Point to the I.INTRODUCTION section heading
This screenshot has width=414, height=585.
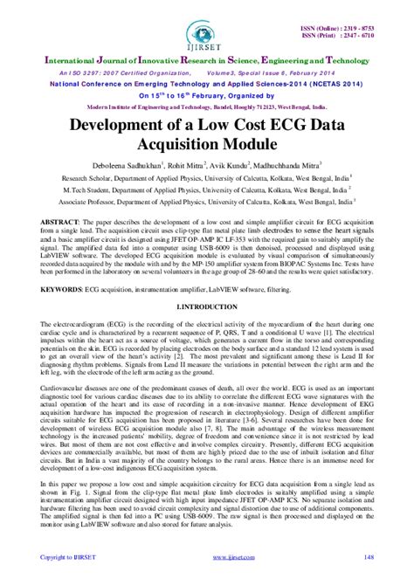point(207,306)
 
